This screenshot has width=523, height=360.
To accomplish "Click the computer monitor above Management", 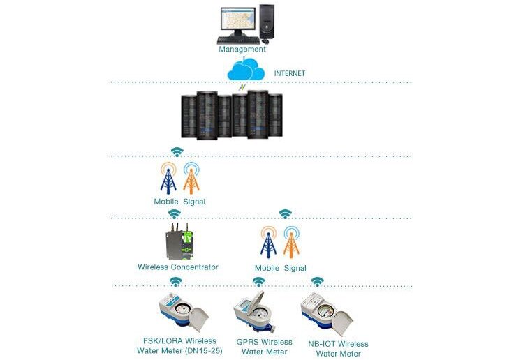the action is tap(238, 21).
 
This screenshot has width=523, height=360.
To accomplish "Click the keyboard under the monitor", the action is tap(238, 40).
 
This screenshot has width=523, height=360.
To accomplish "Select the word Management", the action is tap(242, 49).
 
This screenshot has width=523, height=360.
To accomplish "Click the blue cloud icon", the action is tap(246, 69).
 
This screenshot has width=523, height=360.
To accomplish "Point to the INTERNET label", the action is tap(290, 73).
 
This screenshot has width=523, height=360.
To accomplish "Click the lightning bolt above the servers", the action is tap(242, 87).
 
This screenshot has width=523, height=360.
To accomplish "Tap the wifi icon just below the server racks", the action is tap(177, 152).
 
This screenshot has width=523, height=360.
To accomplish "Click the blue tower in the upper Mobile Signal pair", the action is tap(168, 179).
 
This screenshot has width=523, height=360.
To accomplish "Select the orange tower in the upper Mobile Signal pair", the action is tap(191, 179).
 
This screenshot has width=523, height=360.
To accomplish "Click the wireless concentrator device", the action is tap(179, 241).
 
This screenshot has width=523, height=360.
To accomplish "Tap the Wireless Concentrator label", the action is tap(178, 267).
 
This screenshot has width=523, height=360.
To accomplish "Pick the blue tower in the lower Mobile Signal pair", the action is tap(269, 242).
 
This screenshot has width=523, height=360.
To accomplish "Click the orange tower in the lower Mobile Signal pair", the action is tap(291, 242).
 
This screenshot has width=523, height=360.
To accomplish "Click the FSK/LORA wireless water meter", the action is tap(184, 312).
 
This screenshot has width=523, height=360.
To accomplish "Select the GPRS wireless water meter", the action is tap(255, 312).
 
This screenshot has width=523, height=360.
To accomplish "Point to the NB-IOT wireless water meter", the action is tap(327, 313).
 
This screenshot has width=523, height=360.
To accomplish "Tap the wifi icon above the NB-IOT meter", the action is tap(318, 282).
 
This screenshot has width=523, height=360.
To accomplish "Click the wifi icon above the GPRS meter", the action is tap(259, 282).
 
